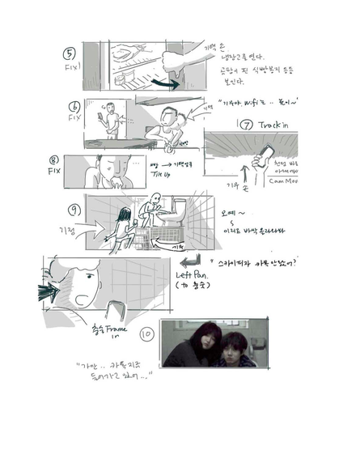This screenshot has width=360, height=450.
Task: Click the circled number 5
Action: (70, 54)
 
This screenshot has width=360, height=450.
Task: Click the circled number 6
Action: (74, 106)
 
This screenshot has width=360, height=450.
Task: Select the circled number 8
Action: (53, 160)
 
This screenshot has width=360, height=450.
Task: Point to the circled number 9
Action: (74, 210)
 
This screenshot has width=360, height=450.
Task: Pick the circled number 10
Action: (146, 331)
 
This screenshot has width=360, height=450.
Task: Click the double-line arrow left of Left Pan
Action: (188, 265)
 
